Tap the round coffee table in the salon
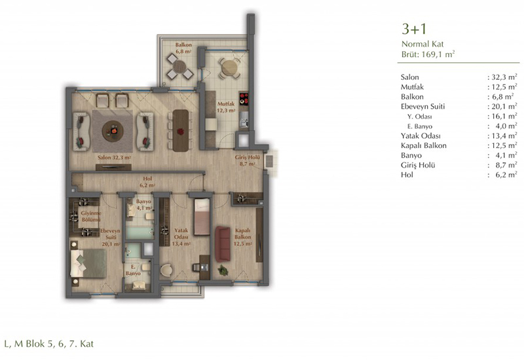[113, 132]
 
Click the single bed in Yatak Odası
[202, 217]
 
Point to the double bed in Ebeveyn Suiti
[88, 263]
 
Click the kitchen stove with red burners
[244, 98]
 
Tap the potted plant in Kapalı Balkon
[223, 270]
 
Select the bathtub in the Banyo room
[140, 233]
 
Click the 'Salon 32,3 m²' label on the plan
[114, 157]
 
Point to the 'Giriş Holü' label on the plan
[248, 157]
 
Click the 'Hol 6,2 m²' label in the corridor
[147, 182]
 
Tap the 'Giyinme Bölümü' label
[91, 216]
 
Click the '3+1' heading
[414, 29]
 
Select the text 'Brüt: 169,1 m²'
[428, 54]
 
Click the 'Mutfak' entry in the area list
[412, 87]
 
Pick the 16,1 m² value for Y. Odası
[504, 117]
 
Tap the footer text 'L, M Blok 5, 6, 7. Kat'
[48, 344]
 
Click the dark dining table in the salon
[181, 130]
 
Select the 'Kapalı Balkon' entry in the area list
[423, 145]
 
